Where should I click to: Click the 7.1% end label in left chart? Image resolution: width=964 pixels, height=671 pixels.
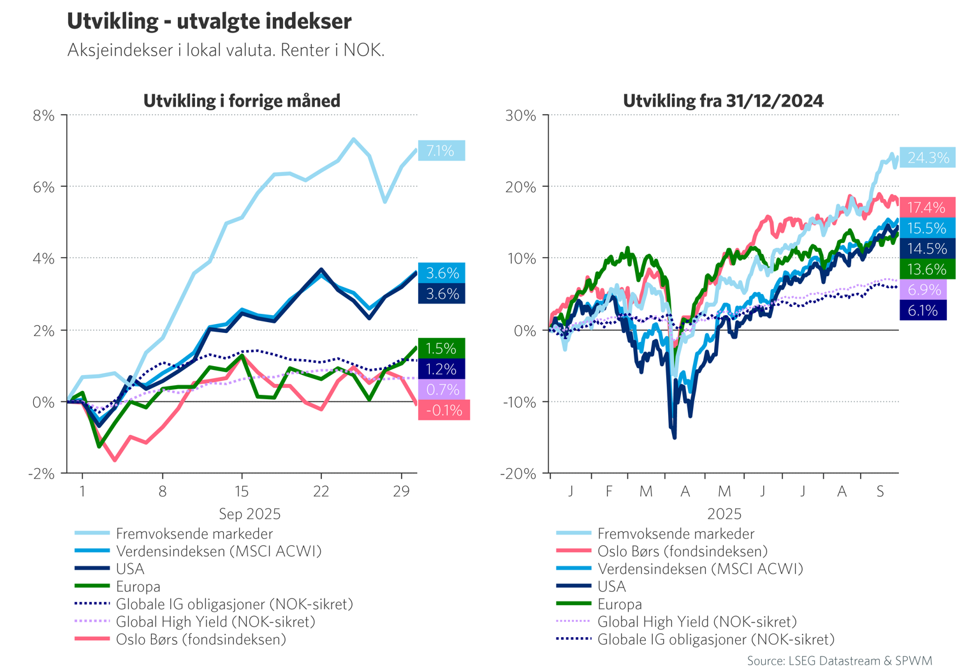click(x=441, y=151)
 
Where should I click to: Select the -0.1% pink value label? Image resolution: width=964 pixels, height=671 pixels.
click(x=444, y=410)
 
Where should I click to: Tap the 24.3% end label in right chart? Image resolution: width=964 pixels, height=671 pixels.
click(x=928, y=158)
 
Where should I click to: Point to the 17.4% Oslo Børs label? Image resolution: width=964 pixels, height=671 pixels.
click(x=926, y=207)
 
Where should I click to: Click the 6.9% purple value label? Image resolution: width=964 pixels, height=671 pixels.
click(x=924, y=290)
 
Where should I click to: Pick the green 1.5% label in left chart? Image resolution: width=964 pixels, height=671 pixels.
click(x=441, y=348)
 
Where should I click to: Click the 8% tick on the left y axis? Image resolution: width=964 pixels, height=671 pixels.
click(x=43, y=115)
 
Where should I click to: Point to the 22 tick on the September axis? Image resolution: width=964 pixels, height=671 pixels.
click(x=321, y=491)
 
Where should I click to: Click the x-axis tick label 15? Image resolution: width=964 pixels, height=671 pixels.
click(x=242, y=491)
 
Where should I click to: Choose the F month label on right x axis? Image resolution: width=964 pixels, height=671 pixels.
click(x=609, y=491)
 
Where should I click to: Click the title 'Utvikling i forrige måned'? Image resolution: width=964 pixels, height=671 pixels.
click(x=242, y=101)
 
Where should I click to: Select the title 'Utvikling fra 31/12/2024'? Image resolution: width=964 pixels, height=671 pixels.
click(x=723, y=101)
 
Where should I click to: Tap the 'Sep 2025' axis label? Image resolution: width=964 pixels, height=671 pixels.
click(x=249, y=513)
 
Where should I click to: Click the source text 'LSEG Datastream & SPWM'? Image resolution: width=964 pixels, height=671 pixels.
click(x=839, y=661)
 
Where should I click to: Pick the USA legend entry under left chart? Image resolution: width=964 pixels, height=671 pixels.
click(x=130, y=569)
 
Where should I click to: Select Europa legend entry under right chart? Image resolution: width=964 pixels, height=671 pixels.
click(x=619, y=604)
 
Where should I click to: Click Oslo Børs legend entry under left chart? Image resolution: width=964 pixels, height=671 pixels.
click(x=201, y=639)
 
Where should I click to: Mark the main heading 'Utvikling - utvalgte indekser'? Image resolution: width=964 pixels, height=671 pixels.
click(x=209, y=21)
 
